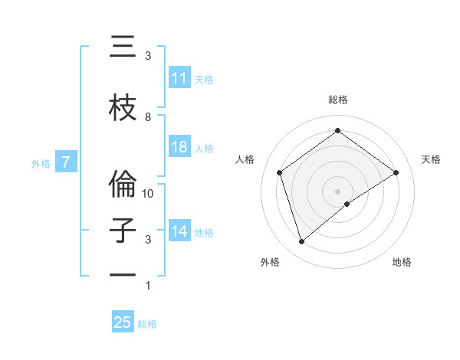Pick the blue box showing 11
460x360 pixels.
pos(179,78)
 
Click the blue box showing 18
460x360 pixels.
pos(179,147)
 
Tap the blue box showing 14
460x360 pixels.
pos(179,231)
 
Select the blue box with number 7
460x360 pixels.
pos(66,162)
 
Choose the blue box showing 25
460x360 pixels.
pos(123,322)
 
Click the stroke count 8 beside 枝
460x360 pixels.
pos(148,116)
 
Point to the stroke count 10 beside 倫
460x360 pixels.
pos(149,194)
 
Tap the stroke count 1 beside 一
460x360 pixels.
pos(148,286)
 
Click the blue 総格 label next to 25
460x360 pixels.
pos(147,324)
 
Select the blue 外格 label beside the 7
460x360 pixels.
pos(41,163)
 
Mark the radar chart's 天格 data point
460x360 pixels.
pos(396,173)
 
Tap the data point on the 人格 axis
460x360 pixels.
pos(280,172)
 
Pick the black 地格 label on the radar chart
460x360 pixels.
pos(402,262)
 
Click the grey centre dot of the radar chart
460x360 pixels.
pos(338,191)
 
